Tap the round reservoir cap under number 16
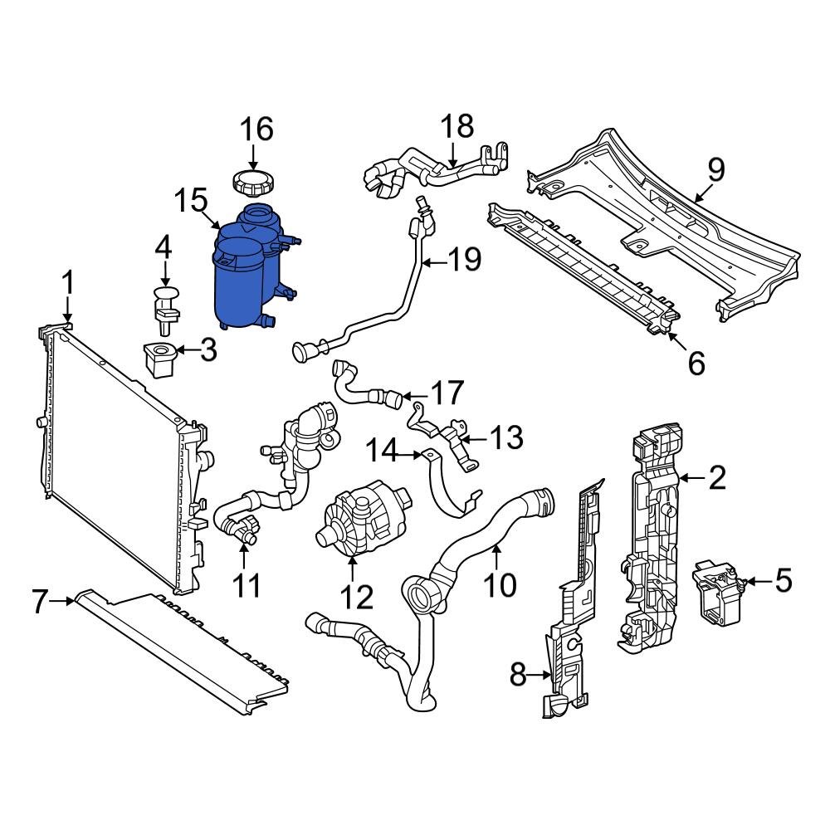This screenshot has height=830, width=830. pyautogui.click(x=255, y=180)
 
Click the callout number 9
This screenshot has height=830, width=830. pyautogui.click(x=715, y=169)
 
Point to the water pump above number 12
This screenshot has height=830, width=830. pyautogui.click(x=359, y=523)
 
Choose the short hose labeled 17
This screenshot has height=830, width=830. pyautogui.click(x=365, y=388)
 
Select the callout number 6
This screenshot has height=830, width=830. pyautogui.click(x=695, y=362)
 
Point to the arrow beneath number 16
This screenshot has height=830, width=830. pyautogui.click(x=255, y=155)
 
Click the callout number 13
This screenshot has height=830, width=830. pyautogui.click(x=505, y=437)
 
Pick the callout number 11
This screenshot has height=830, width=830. pyautogui.click(x=246, y=584)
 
